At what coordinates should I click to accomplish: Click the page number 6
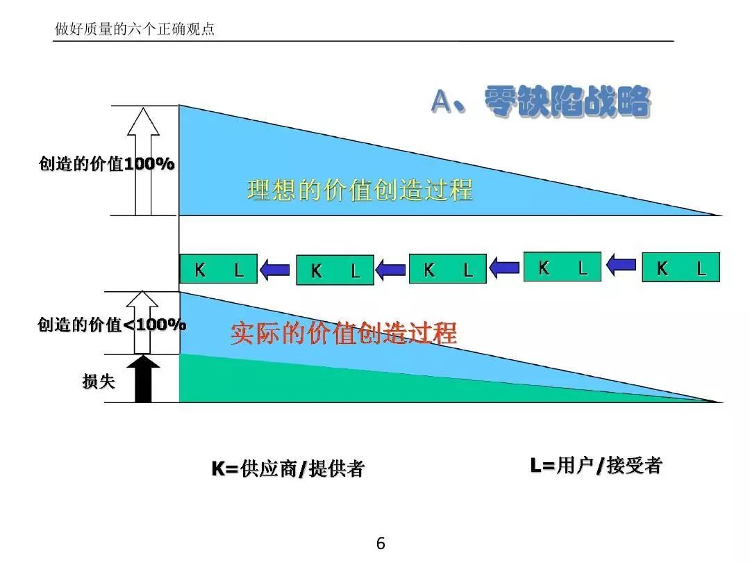pos(380,544)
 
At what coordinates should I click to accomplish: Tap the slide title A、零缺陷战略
pos(540,101)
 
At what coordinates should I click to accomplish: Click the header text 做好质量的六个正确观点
pos(135,30)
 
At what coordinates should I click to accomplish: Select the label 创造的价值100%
pos(106,164)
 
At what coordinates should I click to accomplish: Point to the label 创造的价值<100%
pos(111,325)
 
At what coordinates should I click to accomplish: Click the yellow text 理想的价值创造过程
pos(360,190)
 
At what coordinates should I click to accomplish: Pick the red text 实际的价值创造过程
pos(344,334)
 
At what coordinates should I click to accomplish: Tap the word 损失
pos(99,381)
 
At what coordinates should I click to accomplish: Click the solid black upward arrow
pos(143,379)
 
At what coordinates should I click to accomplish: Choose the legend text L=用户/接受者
pos(596,466)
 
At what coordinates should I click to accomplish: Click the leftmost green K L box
pos(218,269)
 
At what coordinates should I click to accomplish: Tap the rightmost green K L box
pos(681,268)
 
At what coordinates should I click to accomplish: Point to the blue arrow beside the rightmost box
pos(622,263)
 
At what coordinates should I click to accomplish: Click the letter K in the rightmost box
pos(662,268)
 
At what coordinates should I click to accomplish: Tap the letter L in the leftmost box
pos(239,270)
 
